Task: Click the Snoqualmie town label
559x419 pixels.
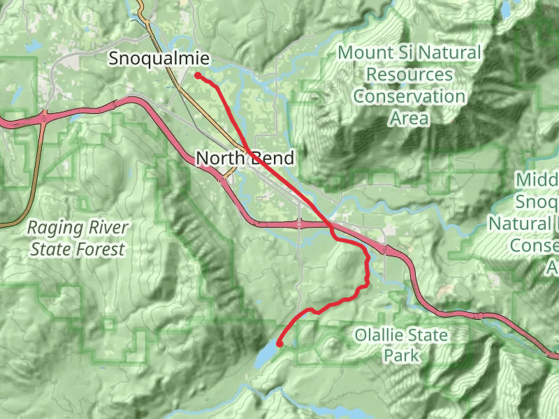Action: point(159,59)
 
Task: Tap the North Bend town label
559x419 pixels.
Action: point(245,159)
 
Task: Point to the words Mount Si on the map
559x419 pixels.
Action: point(370,52)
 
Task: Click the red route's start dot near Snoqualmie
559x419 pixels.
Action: point(198,75)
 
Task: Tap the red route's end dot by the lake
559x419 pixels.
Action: point(279,344)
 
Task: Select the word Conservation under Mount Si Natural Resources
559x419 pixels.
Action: point(409,96)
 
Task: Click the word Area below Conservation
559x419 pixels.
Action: point(409,118)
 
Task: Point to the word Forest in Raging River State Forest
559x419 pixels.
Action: point(100,249)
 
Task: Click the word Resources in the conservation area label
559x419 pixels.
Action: point(409,74)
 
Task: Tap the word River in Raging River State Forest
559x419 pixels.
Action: point(105,228)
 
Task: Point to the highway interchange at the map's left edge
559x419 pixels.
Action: point(43,118)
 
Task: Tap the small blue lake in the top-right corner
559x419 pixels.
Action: point(504,8)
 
